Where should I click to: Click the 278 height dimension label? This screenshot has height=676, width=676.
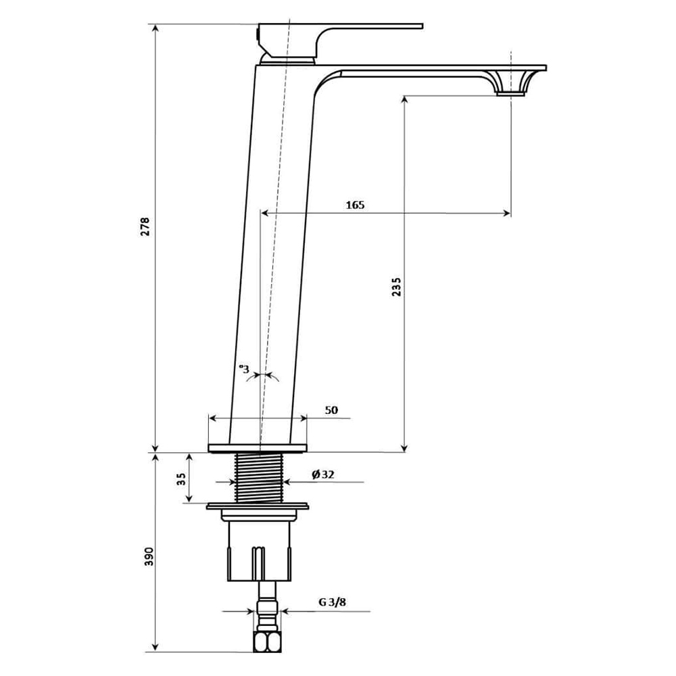tap(145, 226)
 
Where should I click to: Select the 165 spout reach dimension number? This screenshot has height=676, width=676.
tap(355, 205)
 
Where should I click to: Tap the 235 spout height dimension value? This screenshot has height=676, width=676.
tap(396, 287)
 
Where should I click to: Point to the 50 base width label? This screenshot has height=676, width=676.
tap(331, 410)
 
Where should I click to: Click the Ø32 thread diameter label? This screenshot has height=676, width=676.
tap(323, 475)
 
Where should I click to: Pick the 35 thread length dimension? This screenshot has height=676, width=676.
tap(181, 479)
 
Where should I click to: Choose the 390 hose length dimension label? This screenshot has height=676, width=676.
tap(149, 556)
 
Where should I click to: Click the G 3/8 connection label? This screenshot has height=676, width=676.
tap(332, 602)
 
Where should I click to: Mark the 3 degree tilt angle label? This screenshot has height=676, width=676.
tap(245, 369)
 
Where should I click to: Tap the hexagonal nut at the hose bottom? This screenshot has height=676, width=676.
tap(267, 642)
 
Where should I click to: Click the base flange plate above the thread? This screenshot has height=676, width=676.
tap(258, 448)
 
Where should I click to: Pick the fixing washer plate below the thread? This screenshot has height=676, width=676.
tap(258, 506)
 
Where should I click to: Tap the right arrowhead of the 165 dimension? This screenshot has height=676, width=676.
tap(507, 213)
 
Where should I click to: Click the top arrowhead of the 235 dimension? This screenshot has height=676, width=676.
tap(404, 99)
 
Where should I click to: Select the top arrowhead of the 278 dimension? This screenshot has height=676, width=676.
tap(155, 28)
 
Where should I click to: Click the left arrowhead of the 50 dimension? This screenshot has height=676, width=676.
tap(212, 418)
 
